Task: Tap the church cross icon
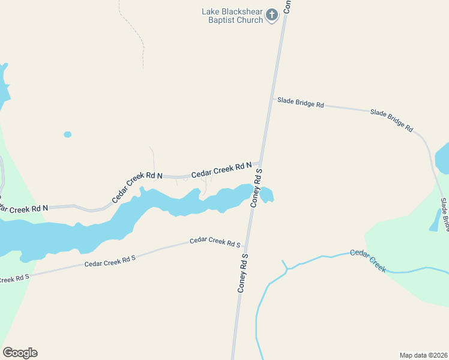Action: (x=272, y=15)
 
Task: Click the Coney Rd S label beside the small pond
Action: (x=257, y=188)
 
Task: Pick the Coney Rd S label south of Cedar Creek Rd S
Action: (x=243, y=273)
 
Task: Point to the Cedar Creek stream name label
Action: (x=368, y=260)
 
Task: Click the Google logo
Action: (x=20, y=353)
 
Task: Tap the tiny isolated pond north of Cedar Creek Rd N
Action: (x=67, y=134)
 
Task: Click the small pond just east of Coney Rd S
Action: (x=267, y=194)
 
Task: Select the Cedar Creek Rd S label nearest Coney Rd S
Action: (x=215, y=242)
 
